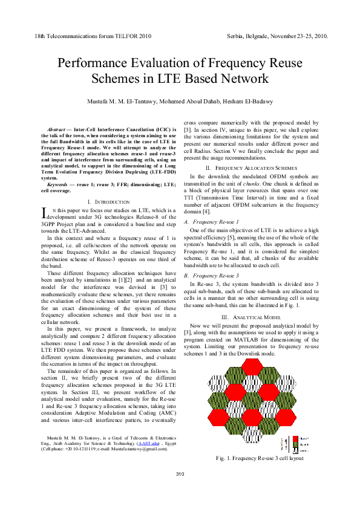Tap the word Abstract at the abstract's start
pyautogui.click(x=56, y=129)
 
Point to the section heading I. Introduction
pyautogui.click(x=108, y=201)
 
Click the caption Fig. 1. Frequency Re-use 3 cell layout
pyautogui.click(x=260, y=458)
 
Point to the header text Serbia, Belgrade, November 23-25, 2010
pyautogui.click(x=277, y=36)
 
